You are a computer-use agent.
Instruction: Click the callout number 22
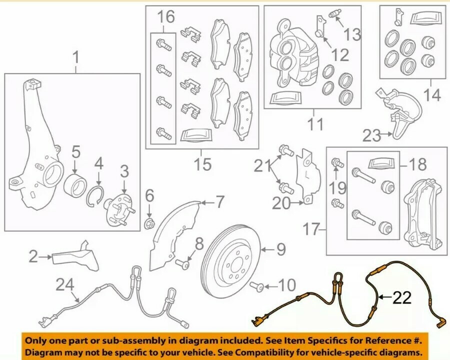click(x=401, y=298)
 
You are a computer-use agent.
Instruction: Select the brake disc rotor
click(x=233, y=260)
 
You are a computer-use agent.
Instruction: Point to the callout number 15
click(x=202, y=164)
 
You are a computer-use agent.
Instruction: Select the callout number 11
click(x=315, y=123)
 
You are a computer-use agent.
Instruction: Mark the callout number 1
click(x=76, y=58)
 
